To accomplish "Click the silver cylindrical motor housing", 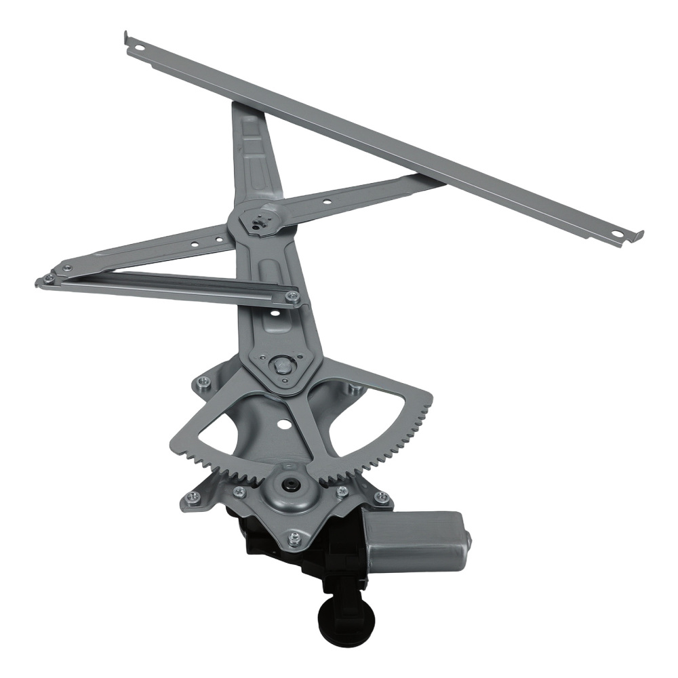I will pyautogui.click(x=414, y=542).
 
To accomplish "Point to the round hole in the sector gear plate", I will pyautogui.click(x=284, y=426).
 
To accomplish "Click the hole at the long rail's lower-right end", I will pyautogui.click(x=615, y=235).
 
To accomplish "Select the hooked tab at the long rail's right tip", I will pyautogui.click(x=637, y=236).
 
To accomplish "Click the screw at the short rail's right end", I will pyautogui.click(x=292, y=296).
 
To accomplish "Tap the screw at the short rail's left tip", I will pyautogui.click(x=47, y=278).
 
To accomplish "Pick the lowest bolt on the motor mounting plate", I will pyautogui.click(x=294, y=538).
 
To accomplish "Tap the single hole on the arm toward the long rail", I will pyautogui.click(x=327, y=201).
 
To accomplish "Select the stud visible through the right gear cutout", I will pyautogui.click(x=353, y=388).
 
